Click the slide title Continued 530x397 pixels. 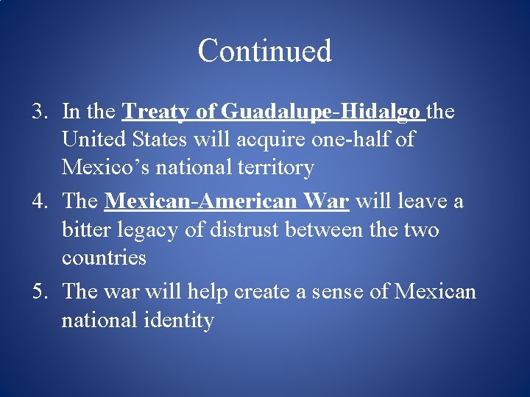pos(264,51)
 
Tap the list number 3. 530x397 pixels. pos(38,112)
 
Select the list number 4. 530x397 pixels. pos(38,201)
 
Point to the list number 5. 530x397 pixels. pos(38,292)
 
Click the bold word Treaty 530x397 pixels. pos(158,112)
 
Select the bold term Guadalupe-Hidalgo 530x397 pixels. pos(321,112)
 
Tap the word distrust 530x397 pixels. pos(243,230)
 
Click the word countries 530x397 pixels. pos(104,258)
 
